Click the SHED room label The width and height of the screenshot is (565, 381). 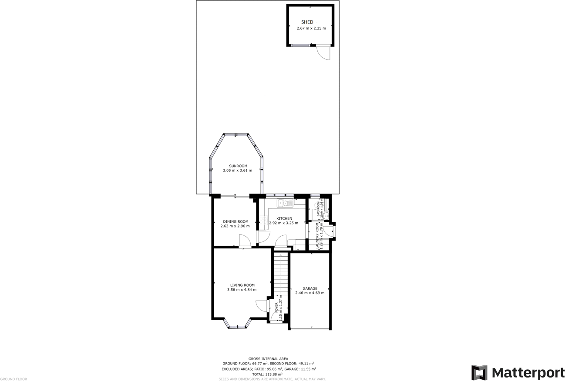click(x=307, y=22)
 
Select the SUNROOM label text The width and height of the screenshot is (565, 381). click(x=238, y=166)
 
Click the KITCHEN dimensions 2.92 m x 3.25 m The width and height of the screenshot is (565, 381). click(x=284, y=223)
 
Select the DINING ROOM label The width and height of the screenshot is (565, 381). click(x=235, y=221)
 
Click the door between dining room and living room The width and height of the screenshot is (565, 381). click(x=245, y=241)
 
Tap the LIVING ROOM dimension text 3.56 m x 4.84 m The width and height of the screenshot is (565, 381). click(x=242, y=290)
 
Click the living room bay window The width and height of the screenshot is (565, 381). click(x=237, y=325)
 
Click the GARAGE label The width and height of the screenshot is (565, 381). click(x=310, y=288)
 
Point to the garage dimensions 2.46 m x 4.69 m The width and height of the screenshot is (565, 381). click(x=310, y=293)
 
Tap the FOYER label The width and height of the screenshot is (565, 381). click(x=276, y=308)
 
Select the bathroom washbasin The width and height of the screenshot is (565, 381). click(x=326, y=214)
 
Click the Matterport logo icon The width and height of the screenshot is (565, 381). click(x=479, y=373)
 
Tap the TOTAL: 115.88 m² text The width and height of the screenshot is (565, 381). click(x=267, y=374)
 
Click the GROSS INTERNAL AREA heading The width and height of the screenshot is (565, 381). click(x=268, y=359)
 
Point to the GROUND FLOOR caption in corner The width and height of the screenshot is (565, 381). click(x=13, y=379)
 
